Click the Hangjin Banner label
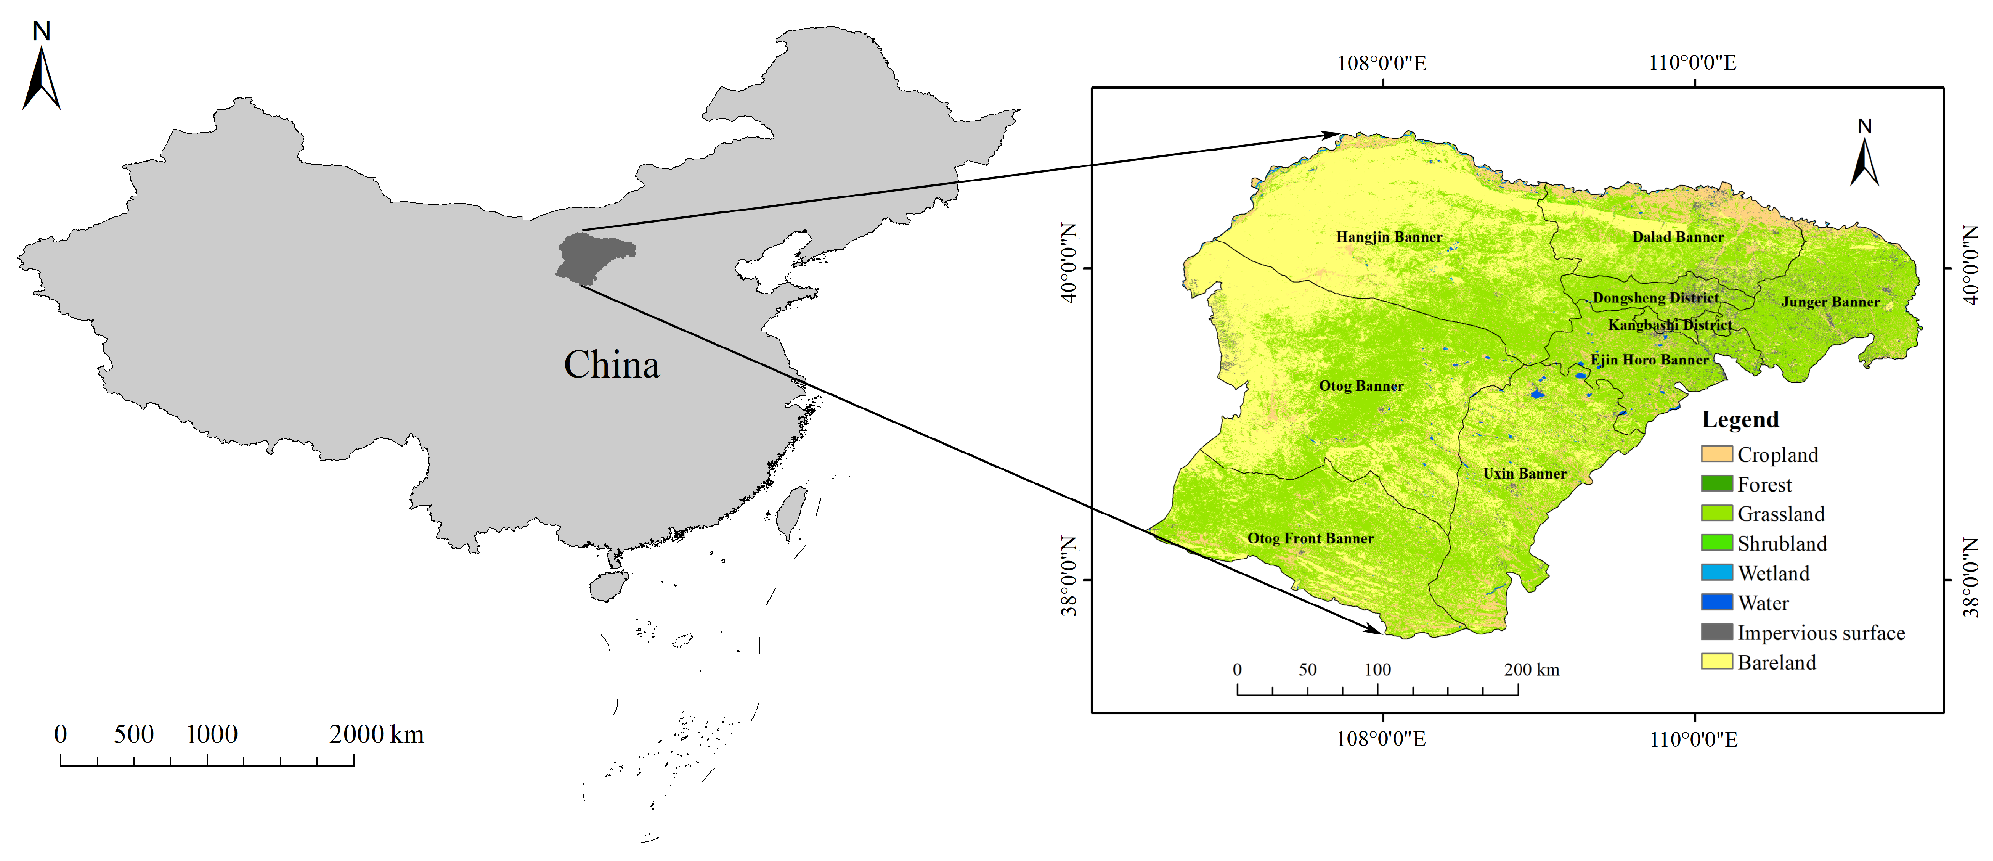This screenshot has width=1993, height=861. tap(1389, 237)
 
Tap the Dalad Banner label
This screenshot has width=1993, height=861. tap(1677, 237)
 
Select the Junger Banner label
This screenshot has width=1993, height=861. tap(1830, 302)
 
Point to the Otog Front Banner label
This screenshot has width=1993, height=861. tap(1310, 538)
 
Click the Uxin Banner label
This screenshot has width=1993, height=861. tap(1524, 473)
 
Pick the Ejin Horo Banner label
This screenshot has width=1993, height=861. tap(1649, 360)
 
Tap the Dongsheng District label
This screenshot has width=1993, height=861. tap(1655, 298)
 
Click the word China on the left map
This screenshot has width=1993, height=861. tap(611, 364)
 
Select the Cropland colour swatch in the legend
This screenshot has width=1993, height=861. tap(1716, 454)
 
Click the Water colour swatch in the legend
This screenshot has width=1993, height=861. tap(1716, 602)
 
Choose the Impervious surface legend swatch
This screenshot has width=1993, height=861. tap(1716, 632)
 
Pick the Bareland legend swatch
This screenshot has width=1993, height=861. tap(1716, 662)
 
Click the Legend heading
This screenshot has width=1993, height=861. tap(1739, 419)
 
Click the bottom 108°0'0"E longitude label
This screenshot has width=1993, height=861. tap(1381, 739)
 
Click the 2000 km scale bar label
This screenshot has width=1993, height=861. tap(376, 734)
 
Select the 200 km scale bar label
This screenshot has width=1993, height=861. tap(1531, 670)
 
